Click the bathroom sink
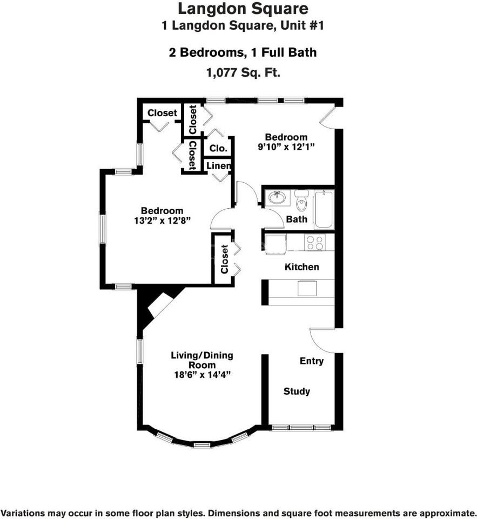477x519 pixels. (x=277, y=198)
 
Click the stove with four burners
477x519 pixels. (x=314, y=243)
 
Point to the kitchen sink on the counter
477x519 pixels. (x=307, y=288)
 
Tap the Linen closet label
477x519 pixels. (x=218, y=165)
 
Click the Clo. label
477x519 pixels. (x=218, y=148)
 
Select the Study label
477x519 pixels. (x=297, y=391)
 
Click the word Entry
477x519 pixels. (x=312, y=361)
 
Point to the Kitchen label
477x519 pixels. (x=301, y=267)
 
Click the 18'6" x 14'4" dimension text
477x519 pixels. (x=202, y=375)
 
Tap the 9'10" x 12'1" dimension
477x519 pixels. (x=286, y=147)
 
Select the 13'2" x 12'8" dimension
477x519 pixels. (x=162, y=220)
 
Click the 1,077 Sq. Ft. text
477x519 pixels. (x=244, y=72)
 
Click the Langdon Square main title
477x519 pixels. (x=243, y=9)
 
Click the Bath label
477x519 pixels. (x=297, y=219)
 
